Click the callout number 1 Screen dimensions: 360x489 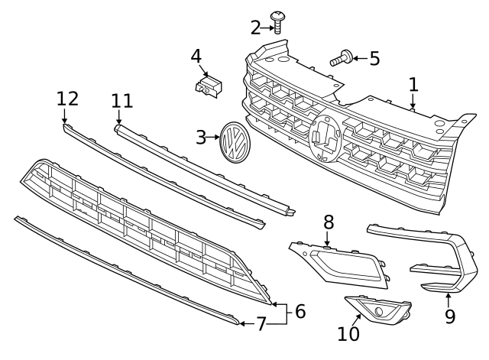413,85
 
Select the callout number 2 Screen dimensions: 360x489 256,28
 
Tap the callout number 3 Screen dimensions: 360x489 202,138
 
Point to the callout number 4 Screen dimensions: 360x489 196,56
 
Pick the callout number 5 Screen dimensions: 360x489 374,58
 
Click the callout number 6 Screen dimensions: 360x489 300,311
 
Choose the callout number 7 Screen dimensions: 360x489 261,324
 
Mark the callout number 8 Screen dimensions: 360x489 329,222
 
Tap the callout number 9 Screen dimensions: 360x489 449,315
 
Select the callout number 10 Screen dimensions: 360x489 348,333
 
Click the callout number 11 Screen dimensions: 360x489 122,101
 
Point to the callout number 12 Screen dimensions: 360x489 67,98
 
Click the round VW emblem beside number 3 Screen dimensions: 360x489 233,141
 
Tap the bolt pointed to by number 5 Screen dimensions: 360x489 341,57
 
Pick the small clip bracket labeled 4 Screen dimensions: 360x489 209,86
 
